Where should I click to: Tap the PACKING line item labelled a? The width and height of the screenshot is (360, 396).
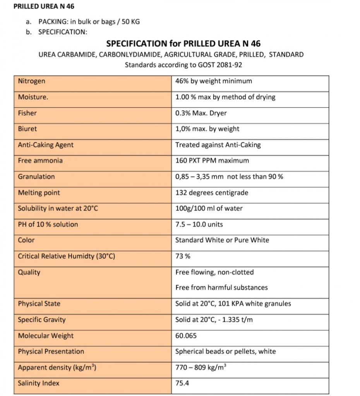coord(89,22)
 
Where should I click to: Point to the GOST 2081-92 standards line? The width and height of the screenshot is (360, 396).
coord(183,65)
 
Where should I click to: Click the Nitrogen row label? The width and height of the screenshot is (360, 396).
coord(32,81)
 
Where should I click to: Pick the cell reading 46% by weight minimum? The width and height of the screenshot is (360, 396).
coord(213,81)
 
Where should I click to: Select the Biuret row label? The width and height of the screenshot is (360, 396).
coord(27,129)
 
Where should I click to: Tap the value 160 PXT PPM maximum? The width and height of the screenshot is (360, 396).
coord(212,160)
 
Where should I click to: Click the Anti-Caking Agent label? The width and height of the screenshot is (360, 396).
coord(46,145)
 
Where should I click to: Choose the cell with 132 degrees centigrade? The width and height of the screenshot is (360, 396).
coord(212,193)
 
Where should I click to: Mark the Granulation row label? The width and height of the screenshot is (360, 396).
coord(36,177)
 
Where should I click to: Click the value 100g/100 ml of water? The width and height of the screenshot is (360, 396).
coord(209,208)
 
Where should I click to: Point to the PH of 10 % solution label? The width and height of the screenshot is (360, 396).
coord(48,224)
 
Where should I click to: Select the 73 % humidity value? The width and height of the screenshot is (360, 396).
coord(183,256)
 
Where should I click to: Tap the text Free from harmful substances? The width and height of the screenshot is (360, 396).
coord(221,288)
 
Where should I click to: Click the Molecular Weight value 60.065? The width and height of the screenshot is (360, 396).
coord(186,336)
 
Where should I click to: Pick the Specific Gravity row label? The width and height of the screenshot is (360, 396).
coord(42,320)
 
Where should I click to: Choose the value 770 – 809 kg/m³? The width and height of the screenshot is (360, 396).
coord(201,368)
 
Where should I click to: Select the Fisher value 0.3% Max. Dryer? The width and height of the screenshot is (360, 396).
coord(201,113)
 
